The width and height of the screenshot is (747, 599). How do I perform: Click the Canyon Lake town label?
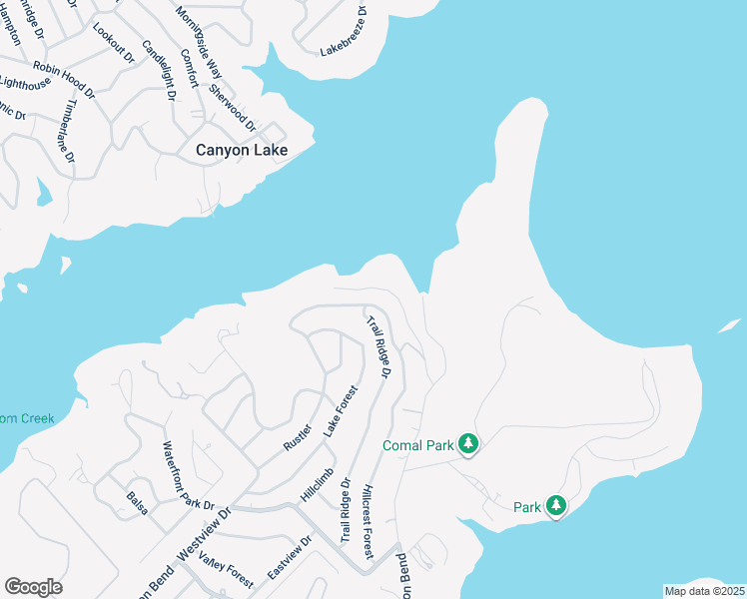pos(241,151)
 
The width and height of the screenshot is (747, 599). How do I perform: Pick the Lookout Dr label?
pos(113,42)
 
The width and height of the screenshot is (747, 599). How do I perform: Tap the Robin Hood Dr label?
pos(63,81)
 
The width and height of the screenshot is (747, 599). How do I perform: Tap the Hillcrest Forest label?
pos(367,522)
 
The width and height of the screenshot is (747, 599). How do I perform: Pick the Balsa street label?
pos(138,503)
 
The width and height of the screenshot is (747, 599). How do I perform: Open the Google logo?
pos(33,587)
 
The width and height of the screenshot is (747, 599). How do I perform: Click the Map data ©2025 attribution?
pos(703,591)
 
